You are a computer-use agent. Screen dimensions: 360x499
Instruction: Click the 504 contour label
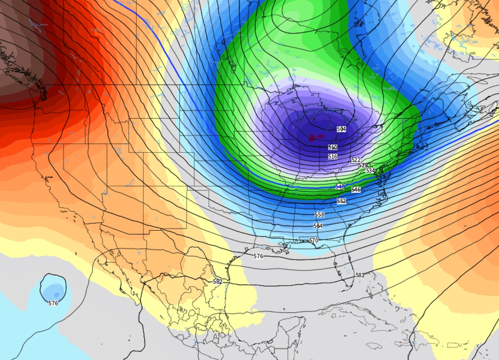click(341, 129)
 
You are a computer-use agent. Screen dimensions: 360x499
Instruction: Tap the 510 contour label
click(333, 147)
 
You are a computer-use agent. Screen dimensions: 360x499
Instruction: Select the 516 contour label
click(333, 156)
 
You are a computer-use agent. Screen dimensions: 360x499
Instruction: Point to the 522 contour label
click(356, 160)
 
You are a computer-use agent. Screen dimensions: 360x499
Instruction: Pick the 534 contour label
click(370, 170)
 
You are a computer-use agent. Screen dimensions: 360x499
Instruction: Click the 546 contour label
click(356, 190)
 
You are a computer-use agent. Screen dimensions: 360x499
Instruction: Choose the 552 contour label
click(342, 201)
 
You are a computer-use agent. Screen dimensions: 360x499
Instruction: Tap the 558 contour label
click(319, 214)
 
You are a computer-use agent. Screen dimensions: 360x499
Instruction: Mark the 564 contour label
click(318, 226)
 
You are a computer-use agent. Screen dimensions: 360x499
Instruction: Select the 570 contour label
click(314, 240)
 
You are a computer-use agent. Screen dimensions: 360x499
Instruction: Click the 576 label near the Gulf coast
click(258, 256)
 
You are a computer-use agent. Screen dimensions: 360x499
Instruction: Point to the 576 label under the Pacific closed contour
click(53, 303)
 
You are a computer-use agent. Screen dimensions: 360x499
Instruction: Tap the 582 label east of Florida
click(360, 275)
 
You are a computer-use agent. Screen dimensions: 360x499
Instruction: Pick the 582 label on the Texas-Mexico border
click(218, 282)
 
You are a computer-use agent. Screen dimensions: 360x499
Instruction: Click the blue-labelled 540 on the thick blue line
click(340, 187)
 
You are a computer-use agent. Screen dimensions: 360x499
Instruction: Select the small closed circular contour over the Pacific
click(53, 287)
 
